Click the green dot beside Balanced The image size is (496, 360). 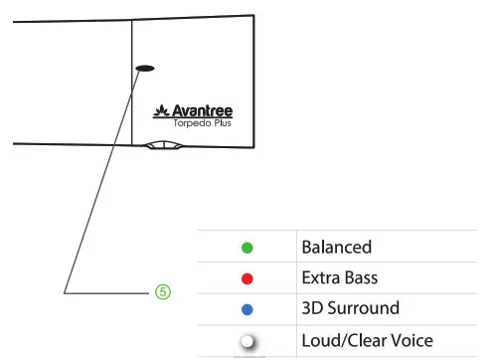(x=248, y=248)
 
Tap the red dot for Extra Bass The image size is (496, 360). (x=248, y=278)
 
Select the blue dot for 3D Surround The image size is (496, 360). (x=248, y=309)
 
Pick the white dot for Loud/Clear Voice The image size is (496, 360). (x=247, y=341)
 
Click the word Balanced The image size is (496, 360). (x=336, y=247)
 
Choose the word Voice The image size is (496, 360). (x=411, y=340)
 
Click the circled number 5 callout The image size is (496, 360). (x=163, y=292)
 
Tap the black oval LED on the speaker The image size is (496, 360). (x=144, y=69)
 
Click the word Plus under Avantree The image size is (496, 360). (x=230, y=125)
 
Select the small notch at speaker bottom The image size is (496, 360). (x=162, y=144)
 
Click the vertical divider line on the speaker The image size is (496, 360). (x=132, y=99)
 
